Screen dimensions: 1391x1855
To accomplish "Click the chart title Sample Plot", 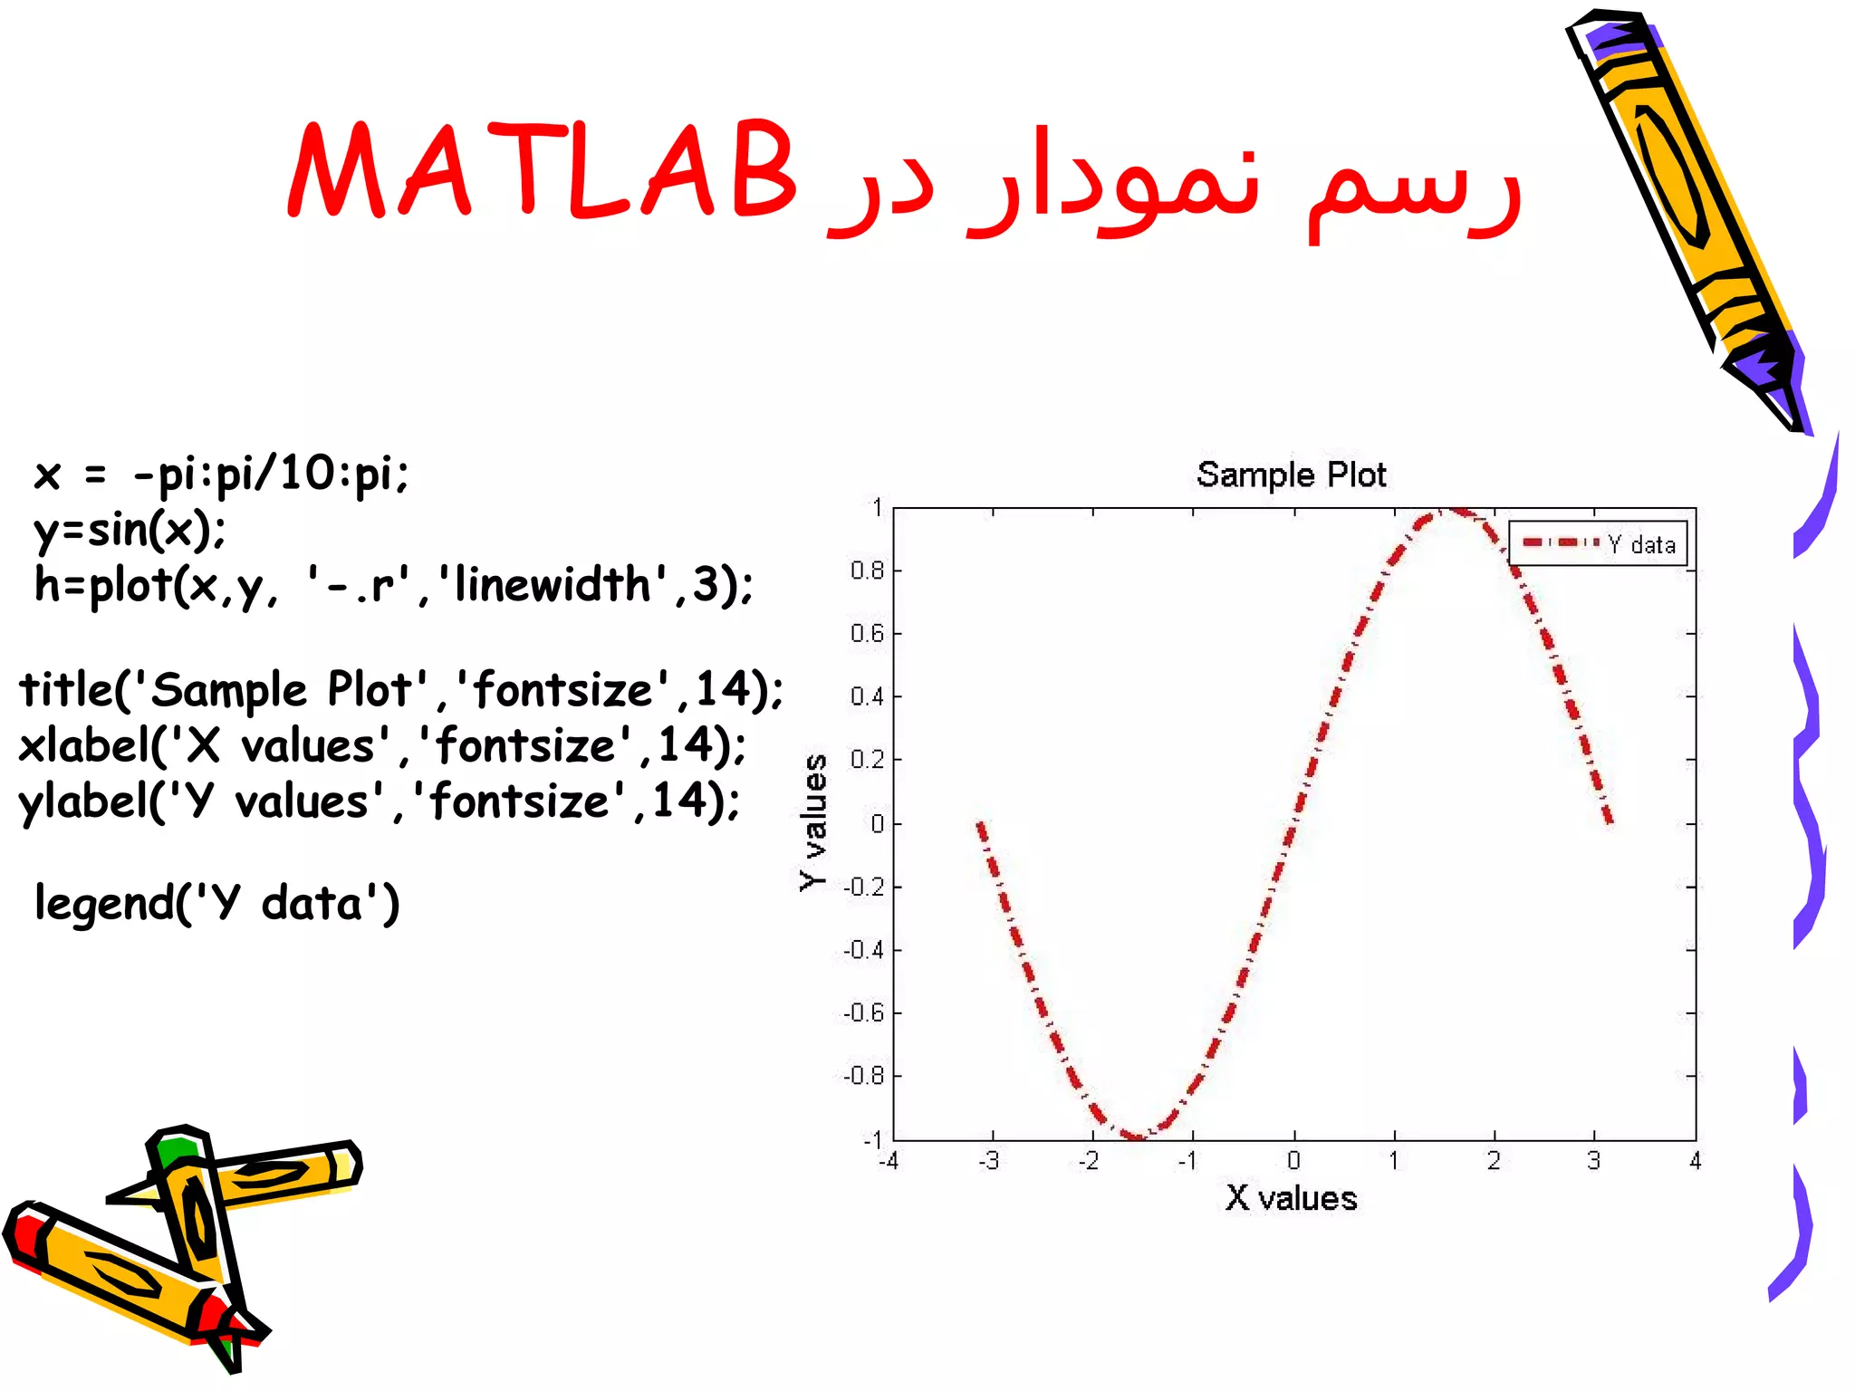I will (x=1291, y=475).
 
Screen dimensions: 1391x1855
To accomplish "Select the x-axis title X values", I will (x=1291, y=1198).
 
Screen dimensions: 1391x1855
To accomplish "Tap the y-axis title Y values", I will (x=814, y=822).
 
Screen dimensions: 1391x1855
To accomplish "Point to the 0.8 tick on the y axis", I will (x=867, y=571).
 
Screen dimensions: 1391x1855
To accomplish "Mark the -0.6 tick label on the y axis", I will (x=863, y=1012).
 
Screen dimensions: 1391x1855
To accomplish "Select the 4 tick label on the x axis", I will (x=1695, y=1160).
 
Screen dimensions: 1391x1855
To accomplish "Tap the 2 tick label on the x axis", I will (x=1494, y=1160).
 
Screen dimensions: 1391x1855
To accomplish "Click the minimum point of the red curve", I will (x=1135, y=1136).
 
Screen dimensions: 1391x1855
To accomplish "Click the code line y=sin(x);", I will (x=130, y=530).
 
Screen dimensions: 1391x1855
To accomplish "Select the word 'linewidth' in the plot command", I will (x=553, y=584).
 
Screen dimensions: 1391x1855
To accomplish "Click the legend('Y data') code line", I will (x=217, y=904).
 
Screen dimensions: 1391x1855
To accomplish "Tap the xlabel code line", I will (x=382, y=745).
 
